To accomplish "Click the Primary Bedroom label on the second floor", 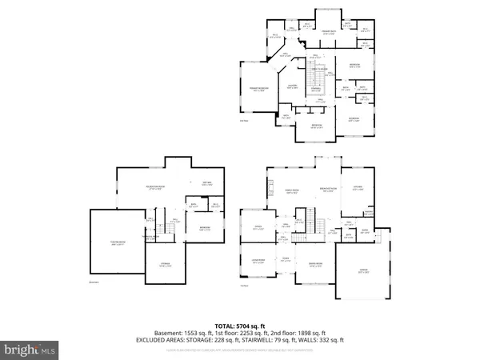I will pos(258,90).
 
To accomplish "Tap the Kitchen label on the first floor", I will pos(357,190).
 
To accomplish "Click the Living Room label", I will pos(258,262).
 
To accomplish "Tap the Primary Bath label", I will pos(328,34).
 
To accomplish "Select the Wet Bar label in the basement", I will pos(206,184).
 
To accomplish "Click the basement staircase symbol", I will pos(169,232).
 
